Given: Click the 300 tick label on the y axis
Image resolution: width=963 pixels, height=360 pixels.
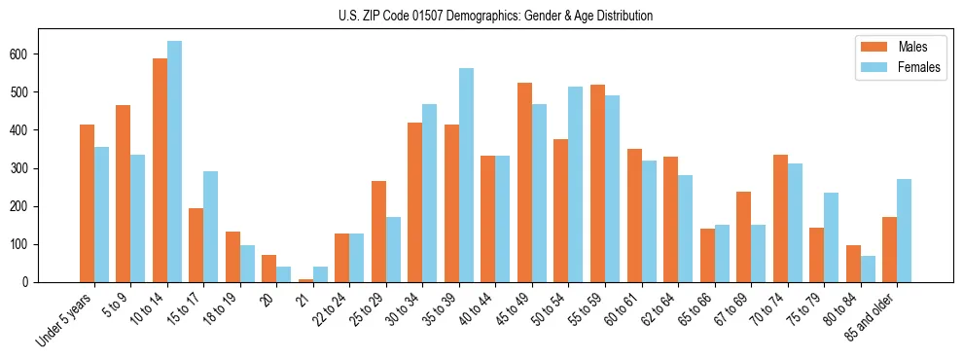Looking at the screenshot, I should click(x=20, y=168).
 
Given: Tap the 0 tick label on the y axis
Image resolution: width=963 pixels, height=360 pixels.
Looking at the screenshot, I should click(x=28, y=282).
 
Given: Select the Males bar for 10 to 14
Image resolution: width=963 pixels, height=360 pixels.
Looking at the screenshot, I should click(x=160, y=170).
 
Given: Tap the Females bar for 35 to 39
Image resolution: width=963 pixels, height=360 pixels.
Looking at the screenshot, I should click(x=466, y=175).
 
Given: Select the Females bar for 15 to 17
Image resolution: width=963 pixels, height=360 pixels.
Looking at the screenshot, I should click(x=210, y=227).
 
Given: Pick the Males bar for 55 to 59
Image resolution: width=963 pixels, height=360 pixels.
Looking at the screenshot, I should click(x=597, y=184).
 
